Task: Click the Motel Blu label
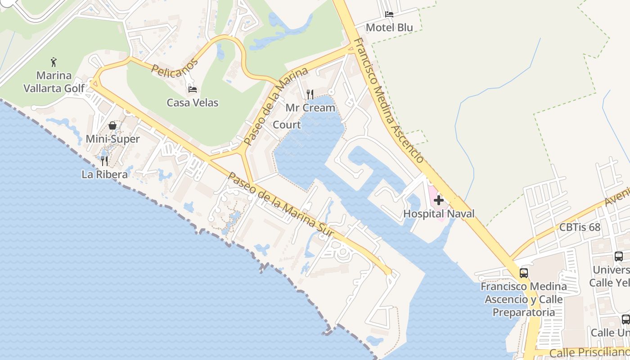coord(389,27)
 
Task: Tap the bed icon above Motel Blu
coord(389,14)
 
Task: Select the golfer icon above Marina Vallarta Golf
coord(54,62)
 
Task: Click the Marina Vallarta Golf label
coord(54,81)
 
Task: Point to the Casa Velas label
coord(193,103)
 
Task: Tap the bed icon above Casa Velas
coord(193,90)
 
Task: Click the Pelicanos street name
coord(175,67)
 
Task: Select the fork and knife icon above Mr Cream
coord(310,94)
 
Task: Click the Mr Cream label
coord(310,108)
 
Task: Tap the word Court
coord(287,125)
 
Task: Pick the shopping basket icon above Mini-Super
coord(112,126)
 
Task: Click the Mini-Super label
coord(112,139)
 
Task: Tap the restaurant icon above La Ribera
coord(104,161)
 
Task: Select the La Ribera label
coord(104,174)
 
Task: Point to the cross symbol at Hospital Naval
coord(439,200)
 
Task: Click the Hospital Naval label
coord(439,214)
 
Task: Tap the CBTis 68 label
coord(580,227)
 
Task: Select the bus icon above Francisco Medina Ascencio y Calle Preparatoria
coord(524,273)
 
